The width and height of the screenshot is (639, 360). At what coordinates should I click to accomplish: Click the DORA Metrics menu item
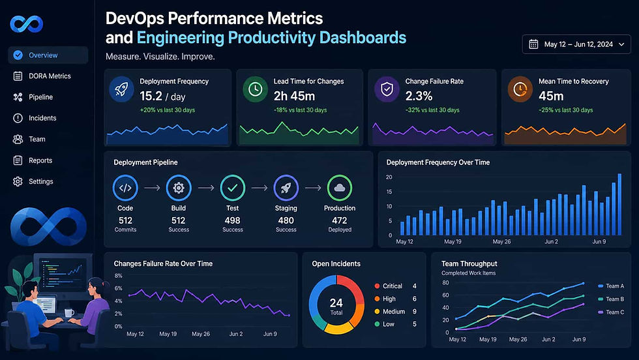49,76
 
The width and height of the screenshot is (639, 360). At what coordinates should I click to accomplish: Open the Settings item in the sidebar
40,182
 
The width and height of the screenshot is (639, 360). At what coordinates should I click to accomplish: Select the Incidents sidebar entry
42,118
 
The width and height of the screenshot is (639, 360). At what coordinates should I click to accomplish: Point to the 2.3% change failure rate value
419,97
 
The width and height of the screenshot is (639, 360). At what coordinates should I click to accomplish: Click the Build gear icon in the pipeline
179,188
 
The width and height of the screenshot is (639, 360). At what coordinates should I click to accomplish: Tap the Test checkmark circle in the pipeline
232,188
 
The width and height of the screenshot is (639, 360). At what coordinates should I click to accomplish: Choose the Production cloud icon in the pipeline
340,188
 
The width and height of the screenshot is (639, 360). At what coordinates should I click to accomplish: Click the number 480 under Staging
286,220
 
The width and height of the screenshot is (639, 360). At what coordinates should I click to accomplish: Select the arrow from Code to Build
152,188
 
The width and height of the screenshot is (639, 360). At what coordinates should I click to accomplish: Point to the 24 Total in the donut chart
336,306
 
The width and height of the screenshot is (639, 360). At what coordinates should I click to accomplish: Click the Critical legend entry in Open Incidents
392,286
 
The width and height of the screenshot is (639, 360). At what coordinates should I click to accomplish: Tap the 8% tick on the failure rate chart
118,277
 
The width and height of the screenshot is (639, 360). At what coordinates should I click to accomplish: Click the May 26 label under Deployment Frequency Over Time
502,242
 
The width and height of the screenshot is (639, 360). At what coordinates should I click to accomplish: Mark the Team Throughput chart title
469,263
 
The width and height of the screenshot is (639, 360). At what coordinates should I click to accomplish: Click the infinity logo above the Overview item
27,25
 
